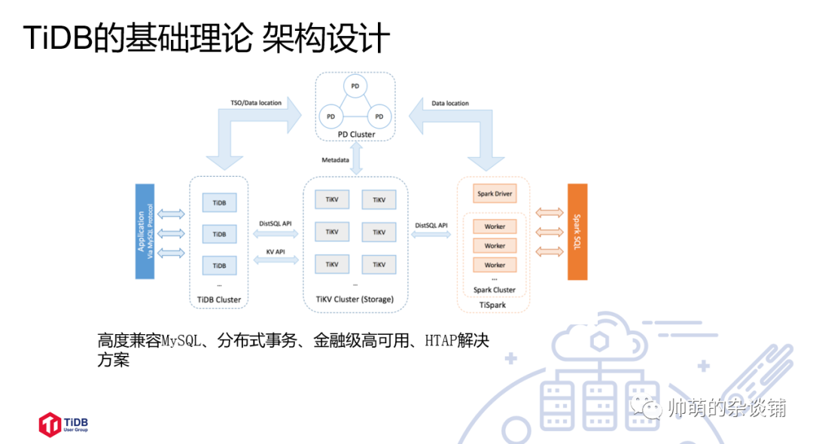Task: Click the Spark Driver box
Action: click(495, 193)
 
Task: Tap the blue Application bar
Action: click(145, 232)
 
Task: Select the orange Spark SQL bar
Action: click(577, 232)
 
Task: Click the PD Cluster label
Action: click(356, 135)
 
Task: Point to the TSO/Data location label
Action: click(256, 103)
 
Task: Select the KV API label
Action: click(275, 251)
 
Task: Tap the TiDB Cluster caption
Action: click(219, 300)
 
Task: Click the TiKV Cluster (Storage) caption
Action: click(355, 300)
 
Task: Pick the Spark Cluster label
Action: click(495, 290)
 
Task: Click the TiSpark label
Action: click(494, 305)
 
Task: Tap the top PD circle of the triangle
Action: click(355, 87)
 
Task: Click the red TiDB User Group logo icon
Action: click(49, 424)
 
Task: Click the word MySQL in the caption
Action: click(181, 340)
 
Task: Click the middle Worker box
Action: click(495, 245)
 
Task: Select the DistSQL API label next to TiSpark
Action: click(431, 225)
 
